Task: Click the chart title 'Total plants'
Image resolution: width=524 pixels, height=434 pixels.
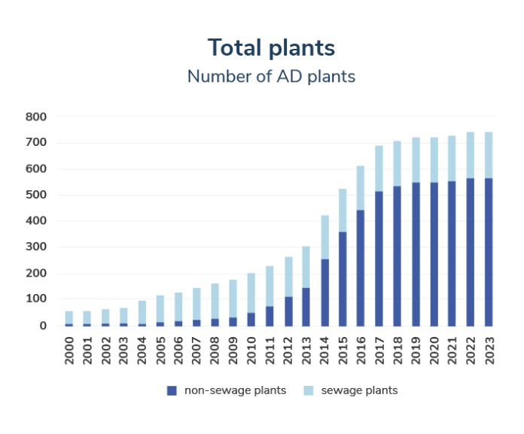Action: point(271,47)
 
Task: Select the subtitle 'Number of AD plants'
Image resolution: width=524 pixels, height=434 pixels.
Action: point(271,76)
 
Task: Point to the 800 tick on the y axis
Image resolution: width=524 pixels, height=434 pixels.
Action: point(37,117)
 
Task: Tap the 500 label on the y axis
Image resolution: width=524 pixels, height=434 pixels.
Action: point(37,196)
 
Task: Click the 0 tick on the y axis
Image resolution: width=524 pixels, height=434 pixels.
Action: point(44,326)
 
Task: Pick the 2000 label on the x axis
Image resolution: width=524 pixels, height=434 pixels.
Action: point(69,351)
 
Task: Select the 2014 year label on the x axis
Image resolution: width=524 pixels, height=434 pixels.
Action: point(325,351)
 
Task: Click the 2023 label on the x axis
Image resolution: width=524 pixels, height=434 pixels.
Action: point(489,351)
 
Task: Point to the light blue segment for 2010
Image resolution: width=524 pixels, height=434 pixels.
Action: point(251,293)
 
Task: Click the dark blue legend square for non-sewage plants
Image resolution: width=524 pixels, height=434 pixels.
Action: point(171,390)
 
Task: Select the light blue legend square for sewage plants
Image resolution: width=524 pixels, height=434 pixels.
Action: point(307,390)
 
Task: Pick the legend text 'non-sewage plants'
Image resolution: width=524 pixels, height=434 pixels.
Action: point(234,390)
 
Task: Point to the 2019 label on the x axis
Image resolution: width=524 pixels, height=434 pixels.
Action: point(416,351)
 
